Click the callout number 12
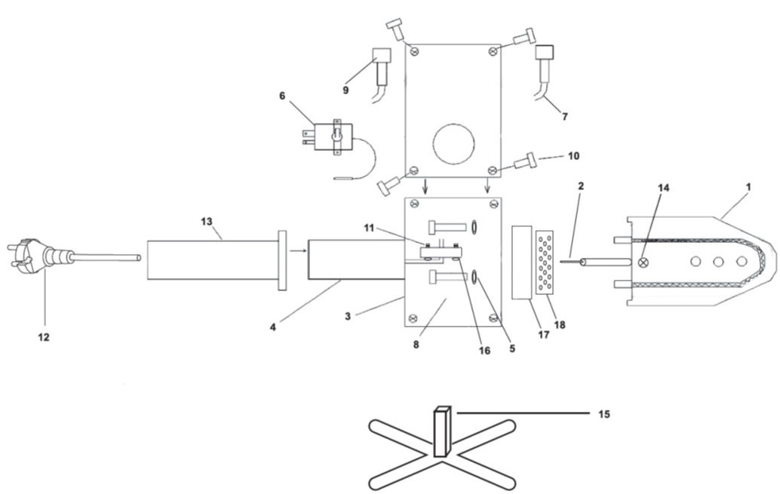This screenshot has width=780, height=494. pyautogui.click(x=44, y=337)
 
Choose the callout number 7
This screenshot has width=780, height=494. pyautogui.click(x=564, y=117)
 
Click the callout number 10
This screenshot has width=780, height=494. pyautogui.click(x=573, y=156)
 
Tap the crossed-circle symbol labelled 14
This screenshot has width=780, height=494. pyautogui.click(x=643, y=262)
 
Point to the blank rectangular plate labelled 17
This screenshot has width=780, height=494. pyautogui.click(x=521, y=262)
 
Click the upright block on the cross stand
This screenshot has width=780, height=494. pyautogui.click(x=442, y=431)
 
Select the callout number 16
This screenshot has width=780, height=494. pyautogui.click(x=484, y=350)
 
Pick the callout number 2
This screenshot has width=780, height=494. pyautogui.click(x=580, y=185)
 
